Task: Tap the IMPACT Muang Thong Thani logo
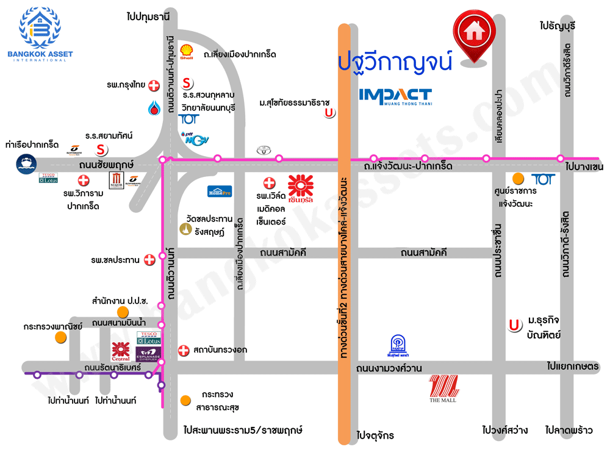pos(395,97)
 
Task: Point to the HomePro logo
pos(220,191)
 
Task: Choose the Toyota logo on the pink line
pos(263,151)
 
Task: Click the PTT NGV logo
pos(196,138)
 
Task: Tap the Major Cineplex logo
pos(116,180)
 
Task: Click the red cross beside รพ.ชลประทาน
pos(149,260)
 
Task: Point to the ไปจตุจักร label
pos(375,436)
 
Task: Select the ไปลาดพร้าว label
pos(569,430)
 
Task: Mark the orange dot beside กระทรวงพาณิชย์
pos(60,337)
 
